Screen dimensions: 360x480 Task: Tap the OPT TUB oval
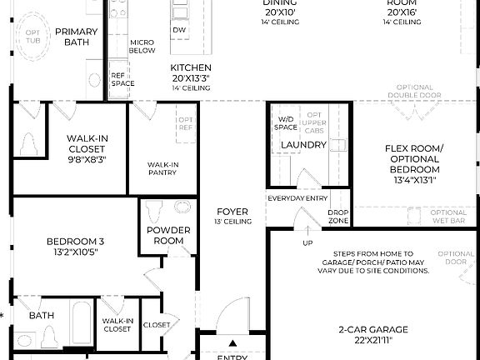click(x=33, y=38)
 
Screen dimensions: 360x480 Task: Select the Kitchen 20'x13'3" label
click(x=191, y=77)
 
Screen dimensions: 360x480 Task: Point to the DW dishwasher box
click(x=179, y=30)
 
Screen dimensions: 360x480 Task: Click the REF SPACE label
click(x=122, y=79)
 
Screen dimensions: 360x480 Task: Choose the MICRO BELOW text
click(x=142, y=46)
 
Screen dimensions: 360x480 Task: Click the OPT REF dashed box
click(x=185, y=124)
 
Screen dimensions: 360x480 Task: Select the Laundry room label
click(x=302, y=146)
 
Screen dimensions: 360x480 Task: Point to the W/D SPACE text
click(x=286, y=123)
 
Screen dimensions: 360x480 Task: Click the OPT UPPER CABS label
click(x=314, y=123)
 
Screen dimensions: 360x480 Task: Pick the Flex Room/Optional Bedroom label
click(x=414, y=163)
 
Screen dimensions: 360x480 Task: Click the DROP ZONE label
click(x=338, y=217)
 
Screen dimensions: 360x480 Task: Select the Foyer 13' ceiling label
click(x=232, y=217)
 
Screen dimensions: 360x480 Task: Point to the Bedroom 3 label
click(x=75, y=247)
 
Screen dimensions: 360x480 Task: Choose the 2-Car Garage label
click(x=372, y=336)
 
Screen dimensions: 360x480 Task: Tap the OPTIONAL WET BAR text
click(x=449, y=217)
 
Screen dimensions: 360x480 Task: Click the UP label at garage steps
click(x=307, y=243)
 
